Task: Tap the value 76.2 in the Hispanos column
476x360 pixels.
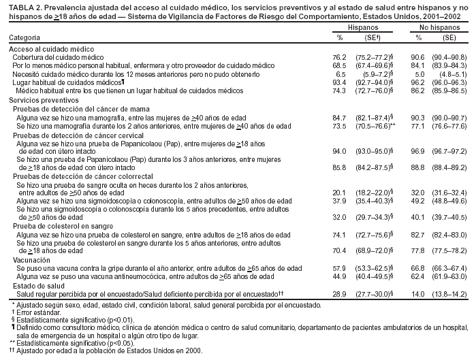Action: (305, 58)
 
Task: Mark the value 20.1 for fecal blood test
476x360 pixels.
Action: (305, 193)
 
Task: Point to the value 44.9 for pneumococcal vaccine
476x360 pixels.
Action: (305, 276)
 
